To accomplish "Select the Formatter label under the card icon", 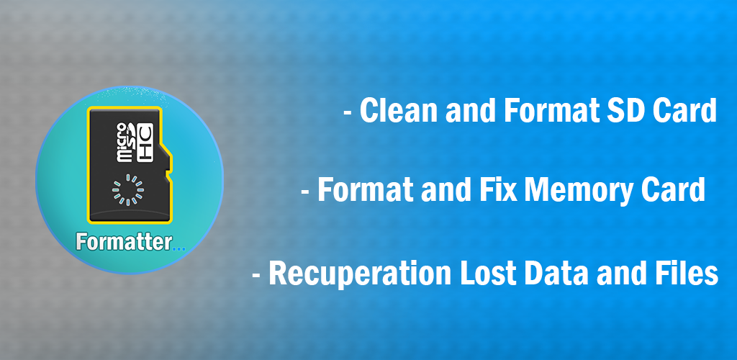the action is (124, 243).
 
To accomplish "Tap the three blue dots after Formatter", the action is (179, 248).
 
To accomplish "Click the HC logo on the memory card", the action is (145, 143).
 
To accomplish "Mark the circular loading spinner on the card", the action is (128, 190).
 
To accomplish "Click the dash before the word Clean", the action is (348, 113).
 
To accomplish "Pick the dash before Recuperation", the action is (257, 276).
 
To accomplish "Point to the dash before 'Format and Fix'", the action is (305, 192).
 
